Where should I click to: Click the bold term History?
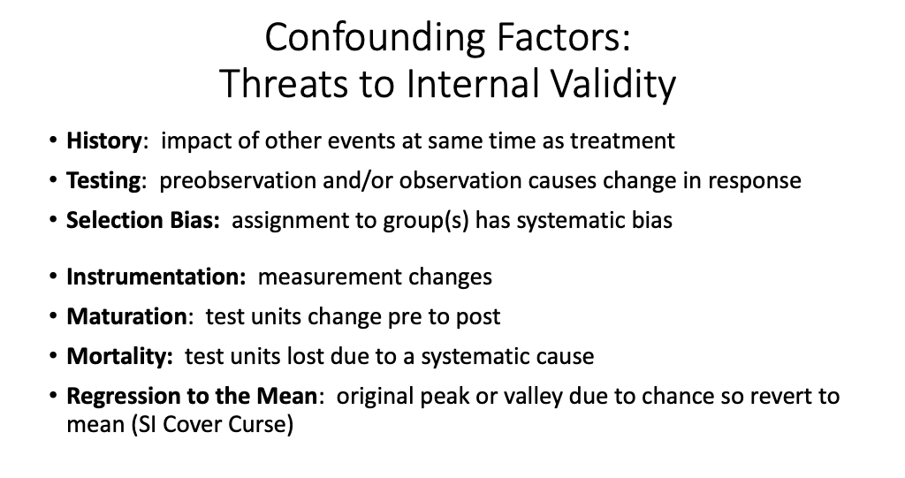104,140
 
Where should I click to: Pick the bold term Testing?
103,180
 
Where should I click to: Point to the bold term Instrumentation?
156,277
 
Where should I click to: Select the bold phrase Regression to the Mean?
191,396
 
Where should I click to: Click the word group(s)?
428,220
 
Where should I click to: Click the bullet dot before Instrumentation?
55,277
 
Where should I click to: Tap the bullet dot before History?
55,141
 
